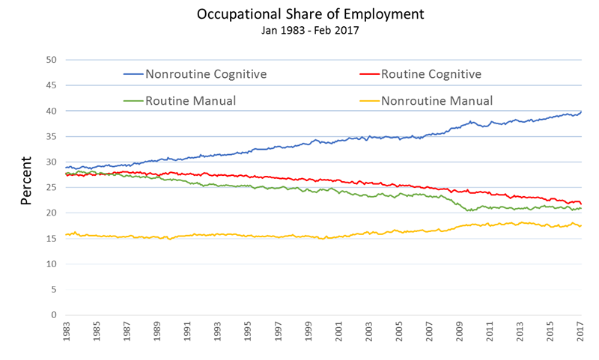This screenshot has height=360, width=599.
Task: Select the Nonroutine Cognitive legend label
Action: pyautogui.click(x=206, y=74)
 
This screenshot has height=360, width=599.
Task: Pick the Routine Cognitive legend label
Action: pyautogui.click(x=431, y=74)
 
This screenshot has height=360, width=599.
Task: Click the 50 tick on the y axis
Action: pyautogui.click(x=52, y=60)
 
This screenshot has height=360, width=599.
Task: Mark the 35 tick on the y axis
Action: pyautogui.click(x=52, y=136)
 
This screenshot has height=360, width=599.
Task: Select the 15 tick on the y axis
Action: pyautogui.click(x=52, y=239)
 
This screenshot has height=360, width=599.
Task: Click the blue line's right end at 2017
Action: pyautogui.click(x=581, y=112)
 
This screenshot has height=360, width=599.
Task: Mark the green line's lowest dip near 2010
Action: pyautogui.click(x=469, y=210)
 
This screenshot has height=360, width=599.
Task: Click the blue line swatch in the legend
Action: pyautogui.click(x=133, y=74)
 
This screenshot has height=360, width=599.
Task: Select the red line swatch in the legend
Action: pyautogui.click(x=369, y=74)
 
